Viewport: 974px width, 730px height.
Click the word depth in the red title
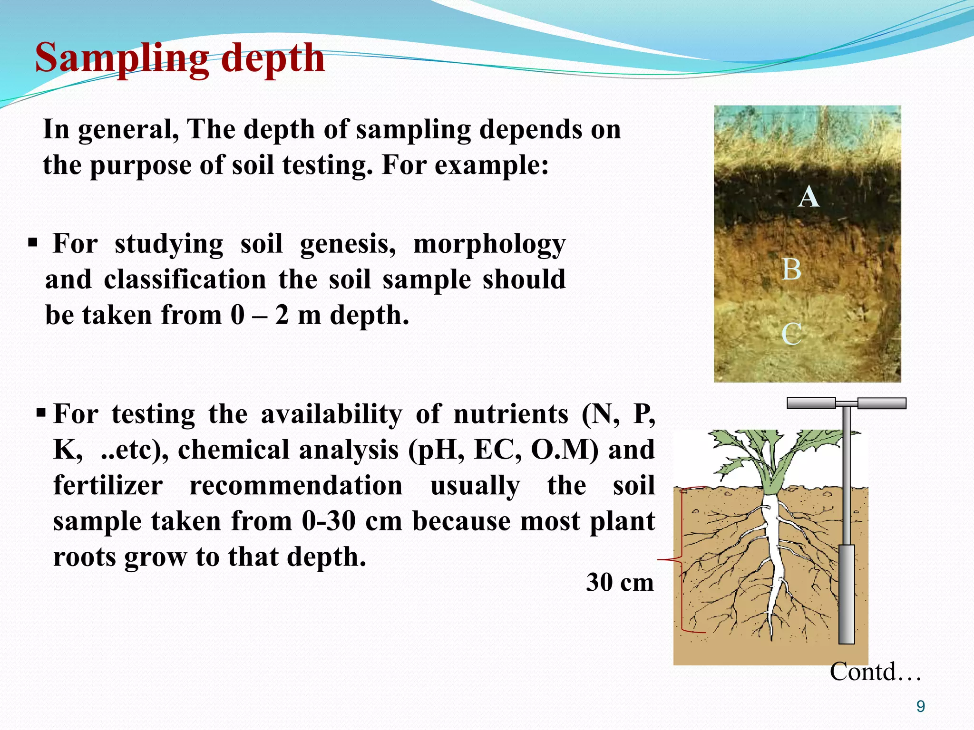[x=273, y=58]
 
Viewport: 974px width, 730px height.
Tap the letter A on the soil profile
[x=808, y=197]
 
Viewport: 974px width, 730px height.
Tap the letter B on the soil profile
[x=792, y=270]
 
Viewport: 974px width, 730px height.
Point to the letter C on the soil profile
[x=792, y=334]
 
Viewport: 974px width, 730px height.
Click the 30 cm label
[x=620, y=582]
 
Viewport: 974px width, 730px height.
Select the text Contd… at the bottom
[x=875, y=672]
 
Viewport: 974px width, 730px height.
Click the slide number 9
[x=921, y=707]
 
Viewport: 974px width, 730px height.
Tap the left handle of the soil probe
[x=811, y=403]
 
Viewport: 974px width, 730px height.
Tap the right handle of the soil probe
[x=882, y=403]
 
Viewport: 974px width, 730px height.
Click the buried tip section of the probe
[x=847, y=594]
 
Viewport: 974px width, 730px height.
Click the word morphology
[x=489, y=245]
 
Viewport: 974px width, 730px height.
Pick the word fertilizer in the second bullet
[x=108, y=486]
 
